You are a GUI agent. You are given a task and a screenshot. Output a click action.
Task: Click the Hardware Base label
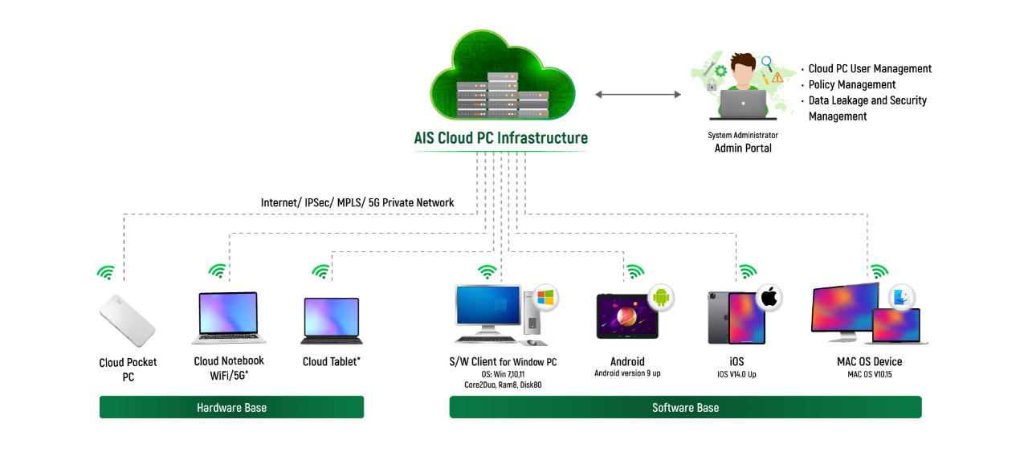coord(231,407)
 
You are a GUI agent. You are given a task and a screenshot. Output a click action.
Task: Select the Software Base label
coord(685,407)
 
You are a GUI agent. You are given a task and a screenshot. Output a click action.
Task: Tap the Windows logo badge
coord(546,297)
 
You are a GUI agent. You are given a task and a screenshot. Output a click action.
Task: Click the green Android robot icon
coord(662,297)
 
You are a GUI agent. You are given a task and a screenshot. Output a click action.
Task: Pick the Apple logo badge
coord(769,297)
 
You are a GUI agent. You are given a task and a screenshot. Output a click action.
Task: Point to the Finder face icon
coord(902,298)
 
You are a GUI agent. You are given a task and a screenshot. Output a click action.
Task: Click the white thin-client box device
coord(127,320)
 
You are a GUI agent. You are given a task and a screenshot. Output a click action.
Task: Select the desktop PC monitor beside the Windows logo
coord(487,306)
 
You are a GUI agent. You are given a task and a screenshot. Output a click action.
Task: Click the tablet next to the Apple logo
coord(746,318)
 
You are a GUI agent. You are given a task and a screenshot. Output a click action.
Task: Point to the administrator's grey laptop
coord(743,104)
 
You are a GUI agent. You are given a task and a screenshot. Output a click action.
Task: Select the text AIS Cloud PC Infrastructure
coord(500,138)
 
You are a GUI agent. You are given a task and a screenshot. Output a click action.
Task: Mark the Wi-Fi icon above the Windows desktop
coord(487,272)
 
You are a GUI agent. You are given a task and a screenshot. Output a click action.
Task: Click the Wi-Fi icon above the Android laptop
coord(635,272)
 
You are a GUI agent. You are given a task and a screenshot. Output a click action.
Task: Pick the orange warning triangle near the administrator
coord(776,79)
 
